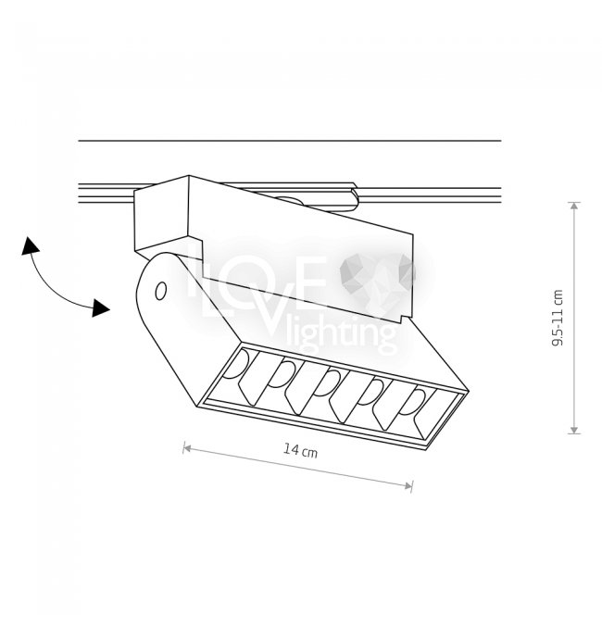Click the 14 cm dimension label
click(x=300, y=450)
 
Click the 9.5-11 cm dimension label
click(x=558, y=318)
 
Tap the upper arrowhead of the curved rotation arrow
click(x=30, y=245)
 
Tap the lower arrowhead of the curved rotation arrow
click(x=100, y=307)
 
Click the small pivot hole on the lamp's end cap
click(x=161, y=291)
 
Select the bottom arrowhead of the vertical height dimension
click(x=574, y=430)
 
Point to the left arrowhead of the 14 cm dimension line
click(x=187, y=448)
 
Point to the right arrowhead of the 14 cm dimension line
click(x=408, y=486)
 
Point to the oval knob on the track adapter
click(x=286, y=199)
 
